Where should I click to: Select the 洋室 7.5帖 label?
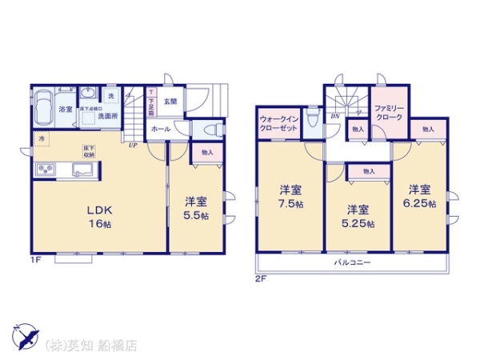(290, 196)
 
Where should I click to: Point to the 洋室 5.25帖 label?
(357, 216)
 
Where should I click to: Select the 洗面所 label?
(107, 117)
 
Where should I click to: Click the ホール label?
(158, 128)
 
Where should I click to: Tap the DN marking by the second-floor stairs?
(335, 115)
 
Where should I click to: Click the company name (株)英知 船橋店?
(92, 346)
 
